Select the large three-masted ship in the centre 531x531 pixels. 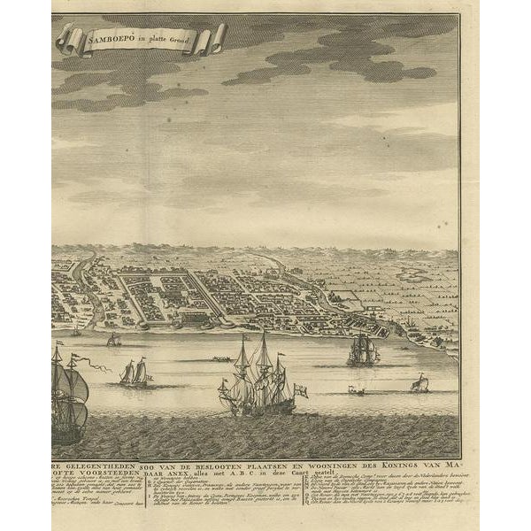256,377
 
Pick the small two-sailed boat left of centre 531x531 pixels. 134,372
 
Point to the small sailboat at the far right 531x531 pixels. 420,383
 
